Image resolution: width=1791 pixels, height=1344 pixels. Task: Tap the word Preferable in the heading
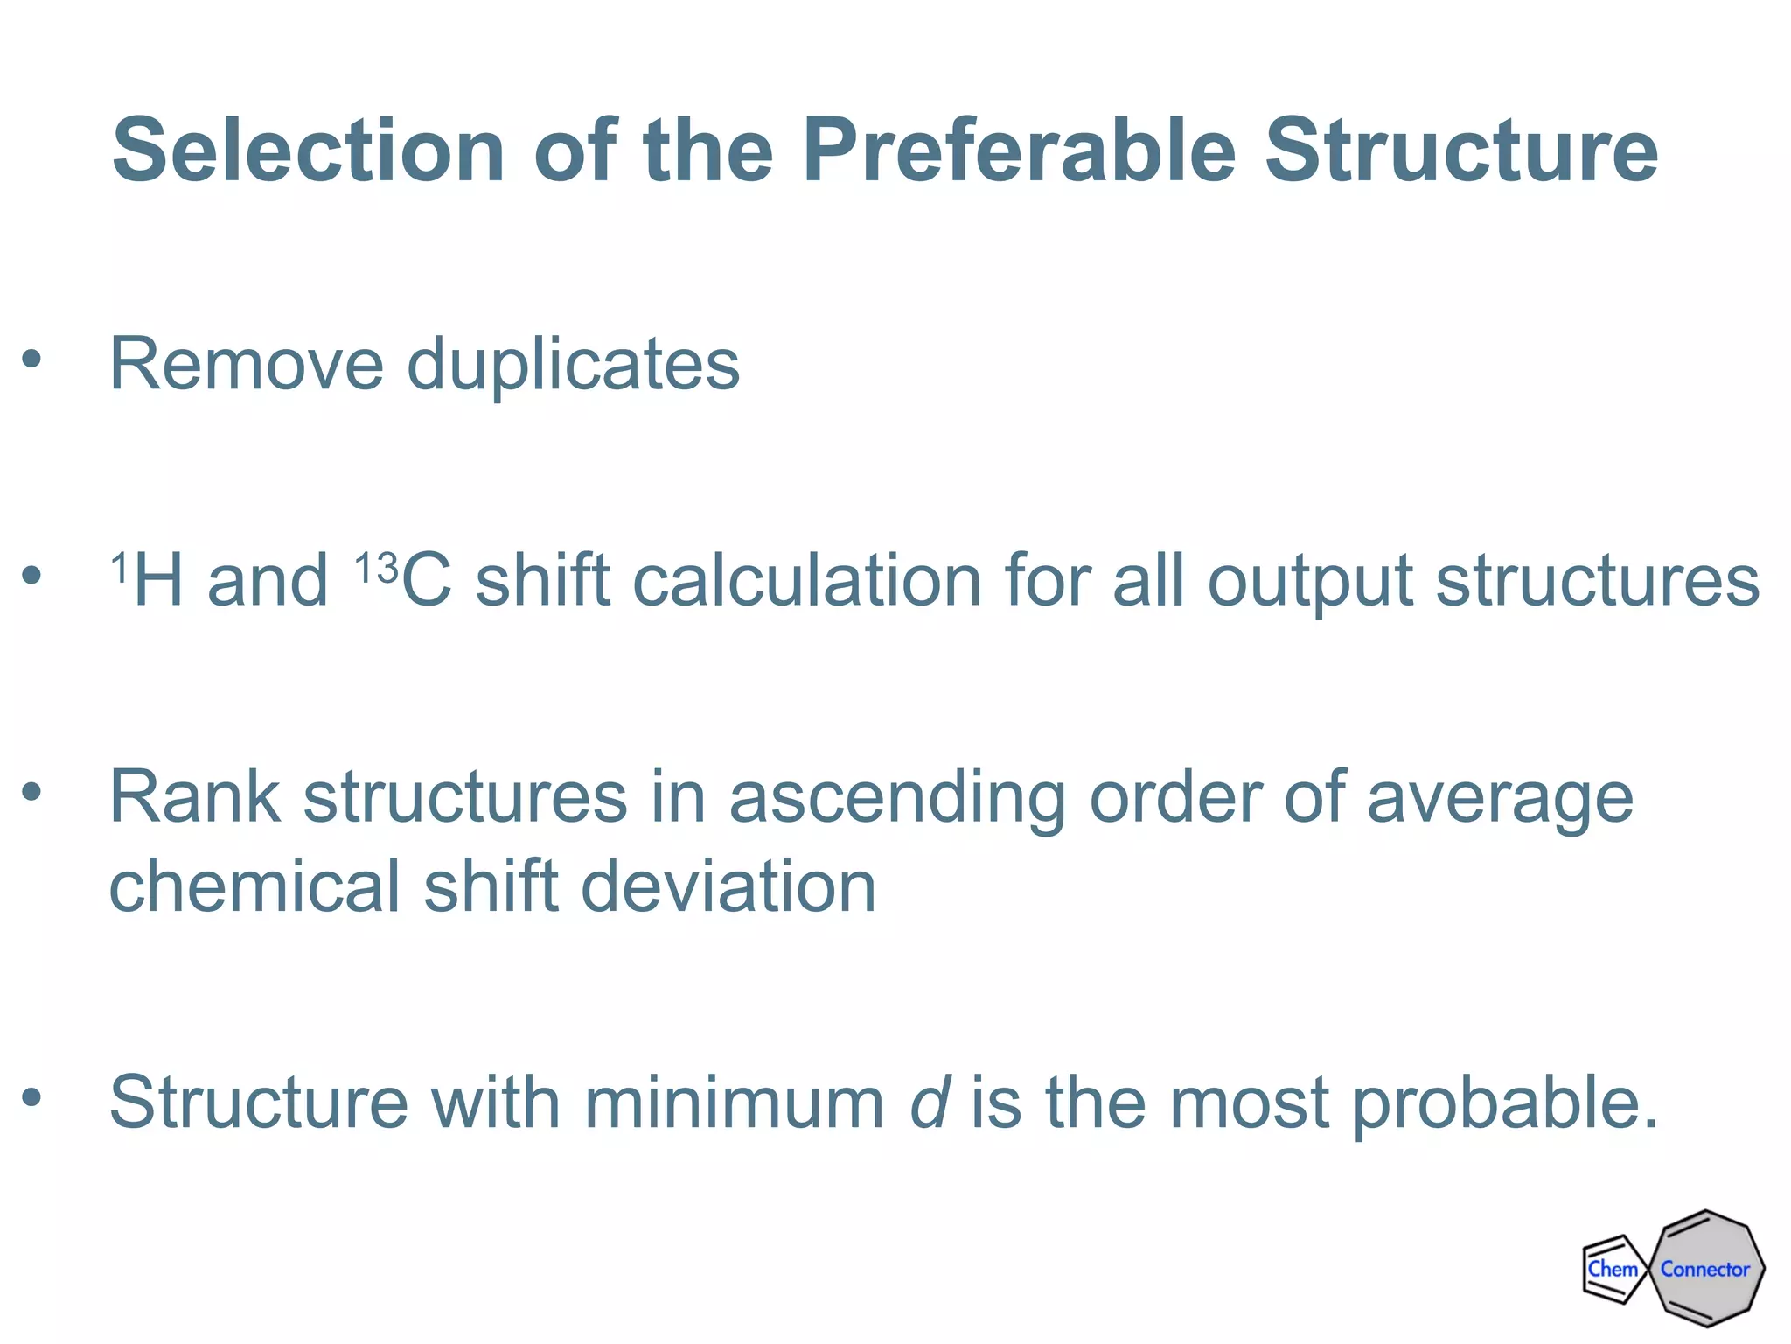[1018, 150]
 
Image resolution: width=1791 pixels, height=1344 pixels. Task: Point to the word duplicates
[574, 366]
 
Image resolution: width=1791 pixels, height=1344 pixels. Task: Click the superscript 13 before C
[376, 568]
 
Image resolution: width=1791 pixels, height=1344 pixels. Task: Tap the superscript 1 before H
[120, 568]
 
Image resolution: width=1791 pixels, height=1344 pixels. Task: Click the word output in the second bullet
[1309, 582]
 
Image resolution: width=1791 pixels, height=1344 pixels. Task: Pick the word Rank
[194, 797]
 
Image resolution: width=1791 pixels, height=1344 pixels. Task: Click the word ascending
[896, 799]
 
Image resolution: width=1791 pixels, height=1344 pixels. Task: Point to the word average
[1499, 799]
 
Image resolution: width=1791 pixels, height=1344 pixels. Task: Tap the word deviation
[728, 885]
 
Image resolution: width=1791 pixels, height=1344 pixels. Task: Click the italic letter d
[929, 1102]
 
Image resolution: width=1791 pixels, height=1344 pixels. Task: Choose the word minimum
[734, 1102]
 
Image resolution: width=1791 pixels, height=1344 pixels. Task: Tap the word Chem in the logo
[1612, 1269]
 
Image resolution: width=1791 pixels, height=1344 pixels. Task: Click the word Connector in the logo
[1704, 1269]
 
